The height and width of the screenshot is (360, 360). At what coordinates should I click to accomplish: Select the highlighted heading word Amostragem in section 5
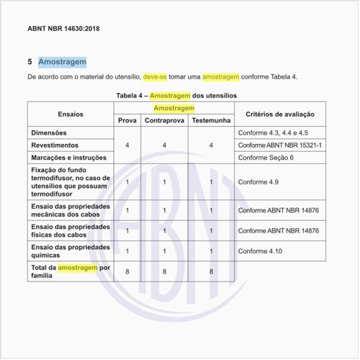[63, 62]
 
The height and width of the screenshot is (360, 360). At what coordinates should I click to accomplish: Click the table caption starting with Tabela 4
[176, 95]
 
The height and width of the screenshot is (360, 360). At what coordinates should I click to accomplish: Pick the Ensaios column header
[71, 114]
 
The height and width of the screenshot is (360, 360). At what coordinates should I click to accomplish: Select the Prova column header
[127, 120]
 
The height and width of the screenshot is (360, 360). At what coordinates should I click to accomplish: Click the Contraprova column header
[165, 120]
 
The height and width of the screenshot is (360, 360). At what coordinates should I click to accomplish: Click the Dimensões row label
[50, 132]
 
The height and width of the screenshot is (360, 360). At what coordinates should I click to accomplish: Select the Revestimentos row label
[55, 145]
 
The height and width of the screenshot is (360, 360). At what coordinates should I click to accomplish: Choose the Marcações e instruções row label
[69, 157]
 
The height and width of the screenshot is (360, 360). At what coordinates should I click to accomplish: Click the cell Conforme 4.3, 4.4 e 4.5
[273, 132]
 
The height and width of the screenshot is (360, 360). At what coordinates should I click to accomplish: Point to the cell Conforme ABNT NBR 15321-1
[280, 145]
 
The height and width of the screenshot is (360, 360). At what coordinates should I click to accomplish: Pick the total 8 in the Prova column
[127, 272]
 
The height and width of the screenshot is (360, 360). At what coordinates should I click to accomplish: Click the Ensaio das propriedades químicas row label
[70, 251]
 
